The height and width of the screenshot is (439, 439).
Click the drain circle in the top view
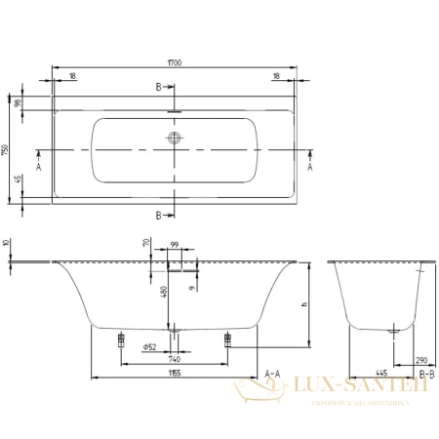(x=175, y=140)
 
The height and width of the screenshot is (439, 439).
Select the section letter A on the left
(x=40, y=167)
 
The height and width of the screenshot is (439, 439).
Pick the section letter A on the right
(x=310, y=167)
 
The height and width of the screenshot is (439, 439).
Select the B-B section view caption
(x=424, y=373)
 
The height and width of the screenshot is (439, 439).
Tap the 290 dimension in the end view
(x=420, y=360)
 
